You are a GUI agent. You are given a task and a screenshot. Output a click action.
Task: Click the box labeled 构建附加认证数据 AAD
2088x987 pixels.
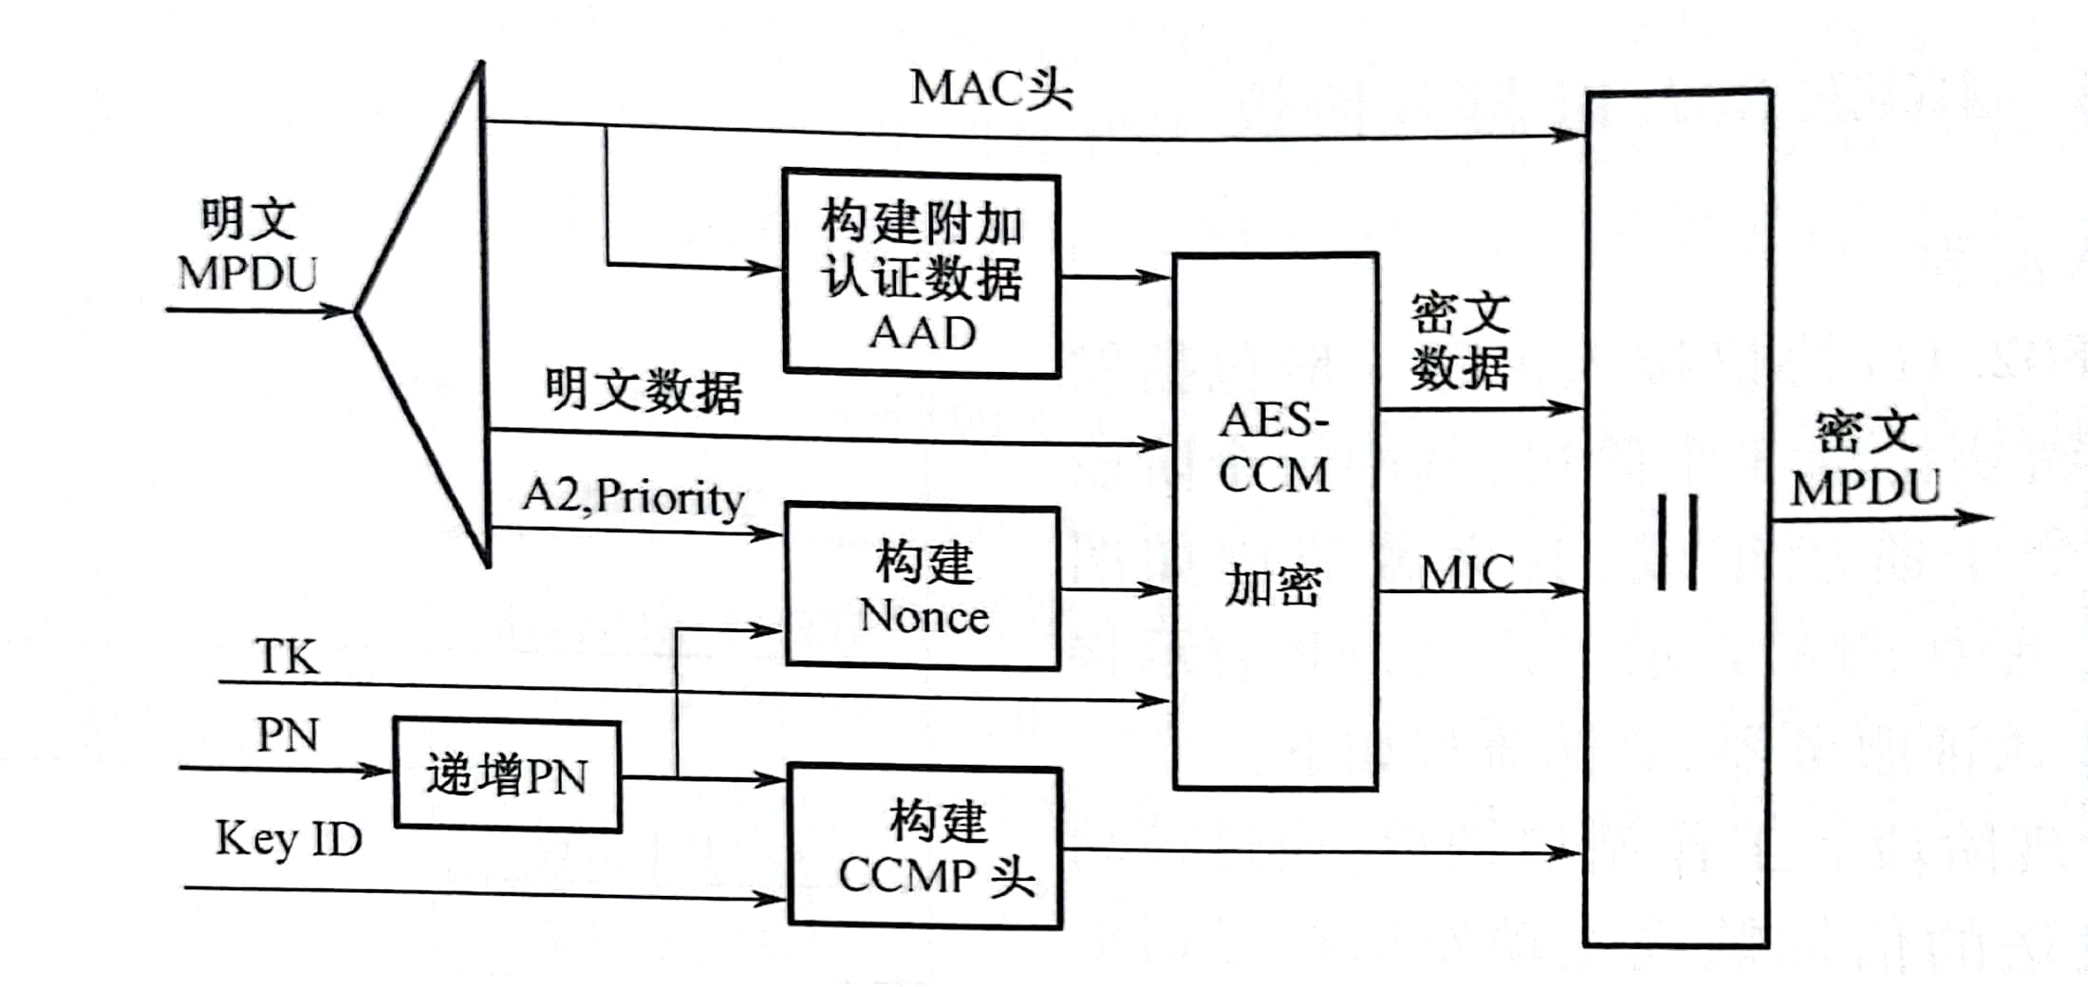(x=921, y=275)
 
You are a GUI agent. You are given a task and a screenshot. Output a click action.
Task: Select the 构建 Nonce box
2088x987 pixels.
(x=923, y=588)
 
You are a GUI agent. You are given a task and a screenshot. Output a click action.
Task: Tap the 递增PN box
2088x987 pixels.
(x=507, y=776)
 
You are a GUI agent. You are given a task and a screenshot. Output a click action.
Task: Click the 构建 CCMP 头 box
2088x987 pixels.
(x=925, y=847)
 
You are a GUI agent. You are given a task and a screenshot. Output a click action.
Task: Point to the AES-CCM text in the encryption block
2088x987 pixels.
(x=1274, y=448)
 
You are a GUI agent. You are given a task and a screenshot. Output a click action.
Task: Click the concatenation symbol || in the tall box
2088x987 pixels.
(x=1677, y=543)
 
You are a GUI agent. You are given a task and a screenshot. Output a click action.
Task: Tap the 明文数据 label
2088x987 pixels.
(x=643, y=391)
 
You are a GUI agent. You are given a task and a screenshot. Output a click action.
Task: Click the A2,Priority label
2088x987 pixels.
(x=633, y=497)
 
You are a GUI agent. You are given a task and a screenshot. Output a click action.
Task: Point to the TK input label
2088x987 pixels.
(x=287, y=657)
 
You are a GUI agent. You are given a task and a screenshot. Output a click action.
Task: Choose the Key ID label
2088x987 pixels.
(x=289, y=839)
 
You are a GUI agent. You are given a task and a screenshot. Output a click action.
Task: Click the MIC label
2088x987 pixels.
(x=1466, y=573)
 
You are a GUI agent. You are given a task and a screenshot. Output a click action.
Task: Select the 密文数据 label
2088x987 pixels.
(x=1459, y=342)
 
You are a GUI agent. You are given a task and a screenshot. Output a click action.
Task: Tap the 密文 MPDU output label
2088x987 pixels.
(x=1866, y=460)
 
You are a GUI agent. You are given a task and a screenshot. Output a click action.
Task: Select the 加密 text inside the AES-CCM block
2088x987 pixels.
(x=1272, y=586)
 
